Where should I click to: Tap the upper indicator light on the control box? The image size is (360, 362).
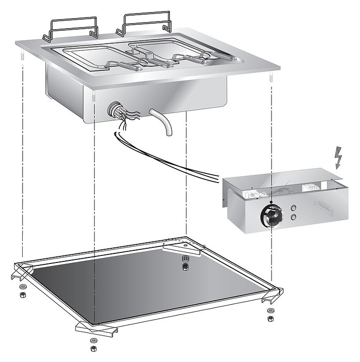(x=293, y=208)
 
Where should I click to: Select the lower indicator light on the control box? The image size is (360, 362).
(x=293, y=218)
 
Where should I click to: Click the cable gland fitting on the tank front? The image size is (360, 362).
(x=115, y=109)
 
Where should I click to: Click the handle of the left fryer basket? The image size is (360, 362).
(x=128, y=65)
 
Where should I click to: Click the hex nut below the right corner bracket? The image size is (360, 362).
(x=270, y=318)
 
